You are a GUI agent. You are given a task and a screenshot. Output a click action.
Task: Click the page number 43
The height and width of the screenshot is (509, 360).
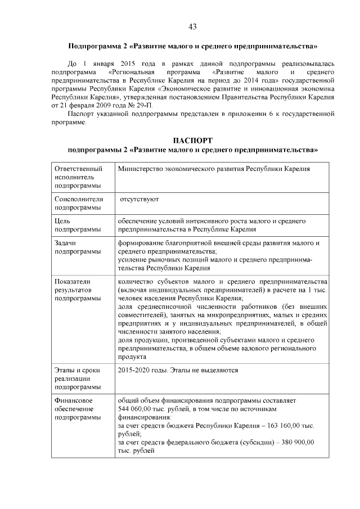[192, 26]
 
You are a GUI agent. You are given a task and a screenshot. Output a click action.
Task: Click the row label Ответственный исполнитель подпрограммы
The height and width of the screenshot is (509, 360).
[79, 177]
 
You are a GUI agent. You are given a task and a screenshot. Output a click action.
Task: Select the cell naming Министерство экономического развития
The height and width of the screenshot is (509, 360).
[214, 169]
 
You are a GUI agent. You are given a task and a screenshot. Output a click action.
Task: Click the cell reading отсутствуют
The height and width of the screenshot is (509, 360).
[139, 199]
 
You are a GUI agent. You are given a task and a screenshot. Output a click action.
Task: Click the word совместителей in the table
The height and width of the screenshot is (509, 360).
[143, 315]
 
